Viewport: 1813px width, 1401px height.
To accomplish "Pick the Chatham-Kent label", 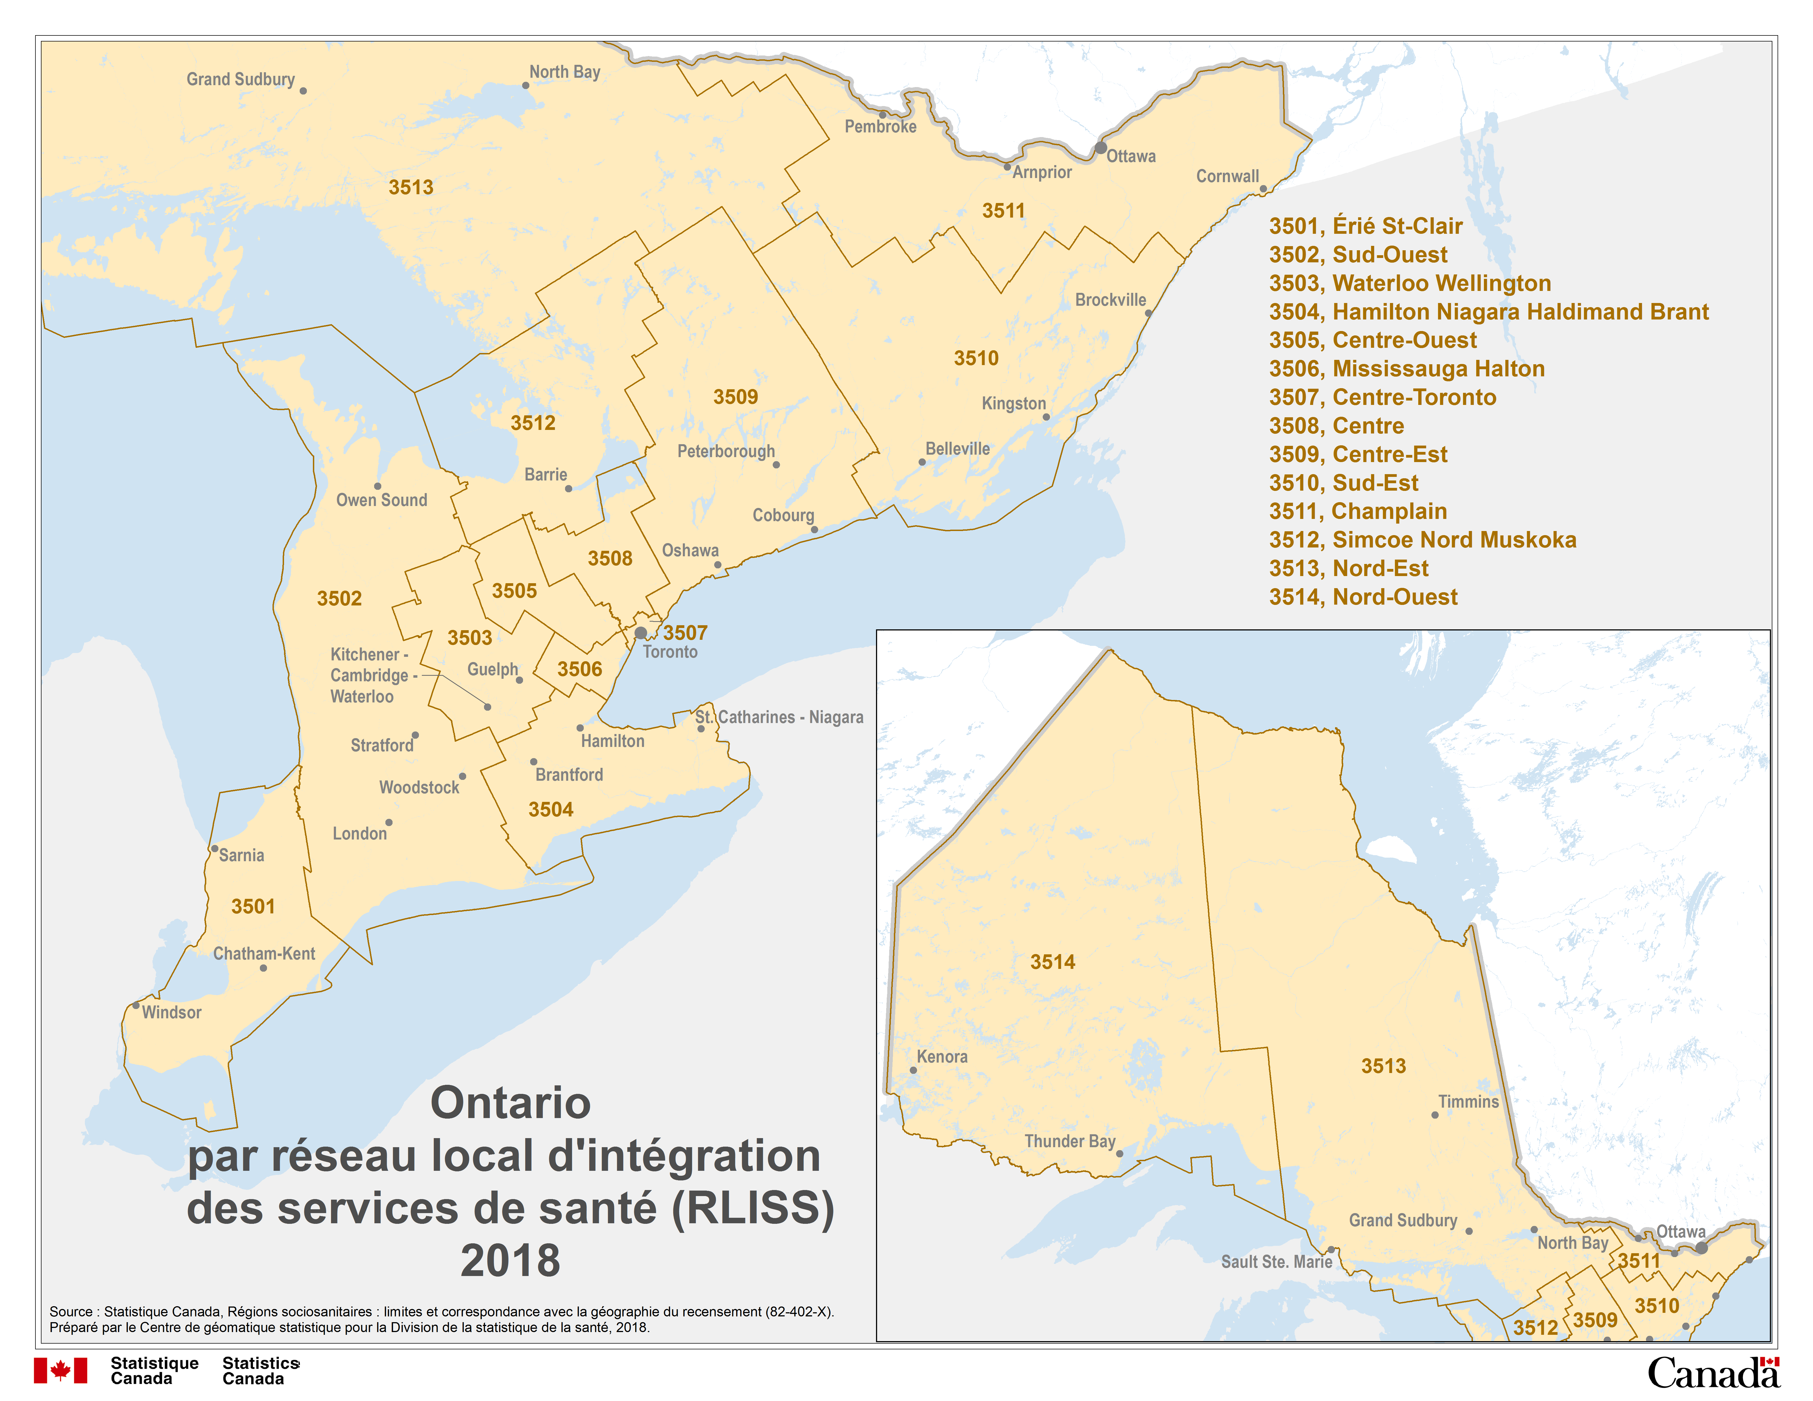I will [x=264, y=954].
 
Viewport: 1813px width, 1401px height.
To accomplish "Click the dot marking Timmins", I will [x=1434, y=1115].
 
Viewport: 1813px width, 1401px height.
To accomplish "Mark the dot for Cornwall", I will [x=1263, y=189].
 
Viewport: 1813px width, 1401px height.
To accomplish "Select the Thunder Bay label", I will [x=1069, y=1141].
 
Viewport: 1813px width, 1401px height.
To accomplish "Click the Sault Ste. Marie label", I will [x=1276, y=1261].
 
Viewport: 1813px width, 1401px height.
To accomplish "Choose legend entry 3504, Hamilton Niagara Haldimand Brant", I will [x=1488, y=312].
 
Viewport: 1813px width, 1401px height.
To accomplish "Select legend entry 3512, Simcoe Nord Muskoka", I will [x=1422, y=540].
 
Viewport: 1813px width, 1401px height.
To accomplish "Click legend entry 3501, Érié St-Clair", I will [x=1366, y=226].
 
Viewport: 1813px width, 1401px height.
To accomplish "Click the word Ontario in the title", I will [x=511, y=1103].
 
